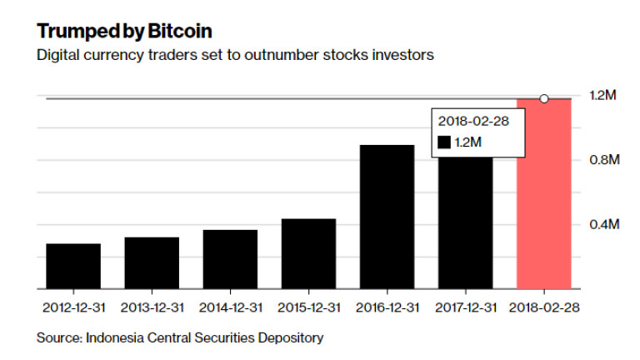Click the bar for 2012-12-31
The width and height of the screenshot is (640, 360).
(x=73, y=266)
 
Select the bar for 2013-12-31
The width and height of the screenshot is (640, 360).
(x=152, y=262)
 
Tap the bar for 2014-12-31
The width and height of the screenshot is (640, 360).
(x=230, y=259)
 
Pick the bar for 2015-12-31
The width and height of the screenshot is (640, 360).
(x=308, y=253)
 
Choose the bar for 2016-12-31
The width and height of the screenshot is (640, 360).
(x=387, y=217)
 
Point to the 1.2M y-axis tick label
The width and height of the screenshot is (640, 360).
(x=602, y=97)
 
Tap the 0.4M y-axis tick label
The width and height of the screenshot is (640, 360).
(x=602, y=224)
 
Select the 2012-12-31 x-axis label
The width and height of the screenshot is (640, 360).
(x=73, y=307)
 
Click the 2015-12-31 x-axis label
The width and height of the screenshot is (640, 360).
(x=308, y=307)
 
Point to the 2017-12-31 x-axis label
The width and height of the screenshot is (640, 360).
(x=466, y=307)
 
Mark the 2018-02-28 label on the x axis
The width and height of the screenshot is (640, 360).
(x=544, y=307)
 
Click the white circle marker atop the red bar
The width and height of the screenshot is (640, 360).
(x=544, y=98)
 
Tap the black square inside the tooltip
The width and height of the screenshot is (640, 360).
(x=444, y=143)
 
